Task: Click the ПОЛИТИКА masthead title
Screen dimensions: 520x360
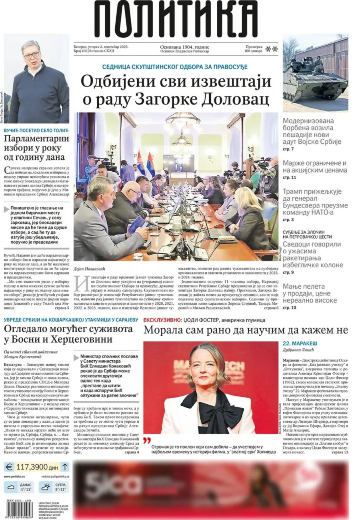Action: click(176, 18)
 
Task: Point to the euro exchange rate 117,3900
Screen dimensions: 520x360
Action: click(37, 467)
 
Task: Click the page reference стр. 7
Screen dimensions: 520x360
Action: click(288, 149)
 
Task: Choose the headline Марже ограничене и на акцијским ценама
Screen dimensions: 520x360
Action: click(315, 167)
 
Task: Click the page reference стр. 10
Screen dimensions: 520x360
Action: click(289, 308)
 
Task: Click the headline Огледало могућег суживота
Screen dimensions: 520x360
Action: click(68, 334)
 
